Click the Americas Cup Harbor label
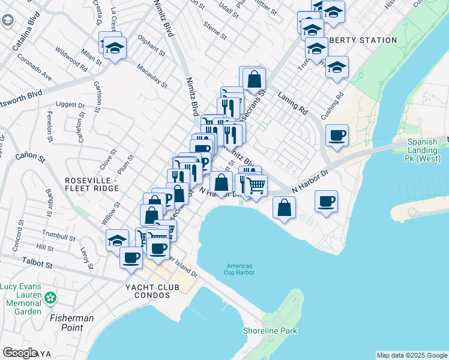coord(240,270)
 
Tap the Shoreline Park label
coord(270,331)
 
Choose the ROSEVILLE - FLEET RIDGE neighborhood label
coord(89,184)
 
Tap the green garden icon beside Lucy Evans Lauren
coord(50,297)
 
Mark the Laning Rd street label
coord(292,103)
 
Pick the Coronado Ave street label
coord(34,68)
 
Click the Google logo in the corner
coord(20,353)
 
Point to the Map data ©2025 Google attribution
coord(411,355)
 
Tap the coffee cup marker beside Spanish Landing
coord(337,134)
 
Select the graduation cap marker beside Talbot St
coord(116,241)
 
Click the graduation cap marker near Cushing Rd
coord(337,67)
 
